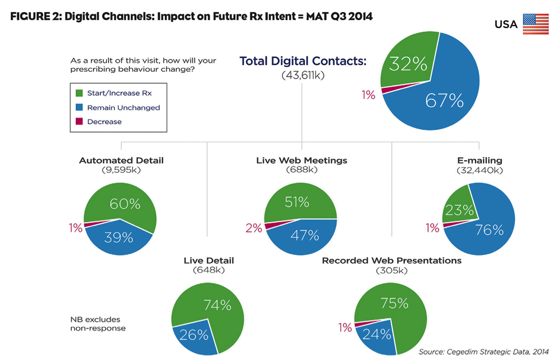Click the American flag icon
(535, 24)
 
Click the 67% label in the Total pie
(444, 101)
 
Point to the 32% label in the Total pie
(405, 64)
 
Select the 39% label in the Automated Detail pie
(119, 237)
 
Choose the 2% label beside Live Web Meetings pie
(253, 229)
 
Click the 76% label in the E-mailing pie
(489, 230)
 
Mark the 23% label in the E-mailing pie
(458, 211)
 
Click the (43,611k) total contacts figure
(303, 75)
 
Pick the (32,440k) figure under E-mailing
(480, 171)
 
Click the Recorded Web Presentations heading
(392, 261)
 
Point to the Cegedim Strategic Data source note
(484, 350)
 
